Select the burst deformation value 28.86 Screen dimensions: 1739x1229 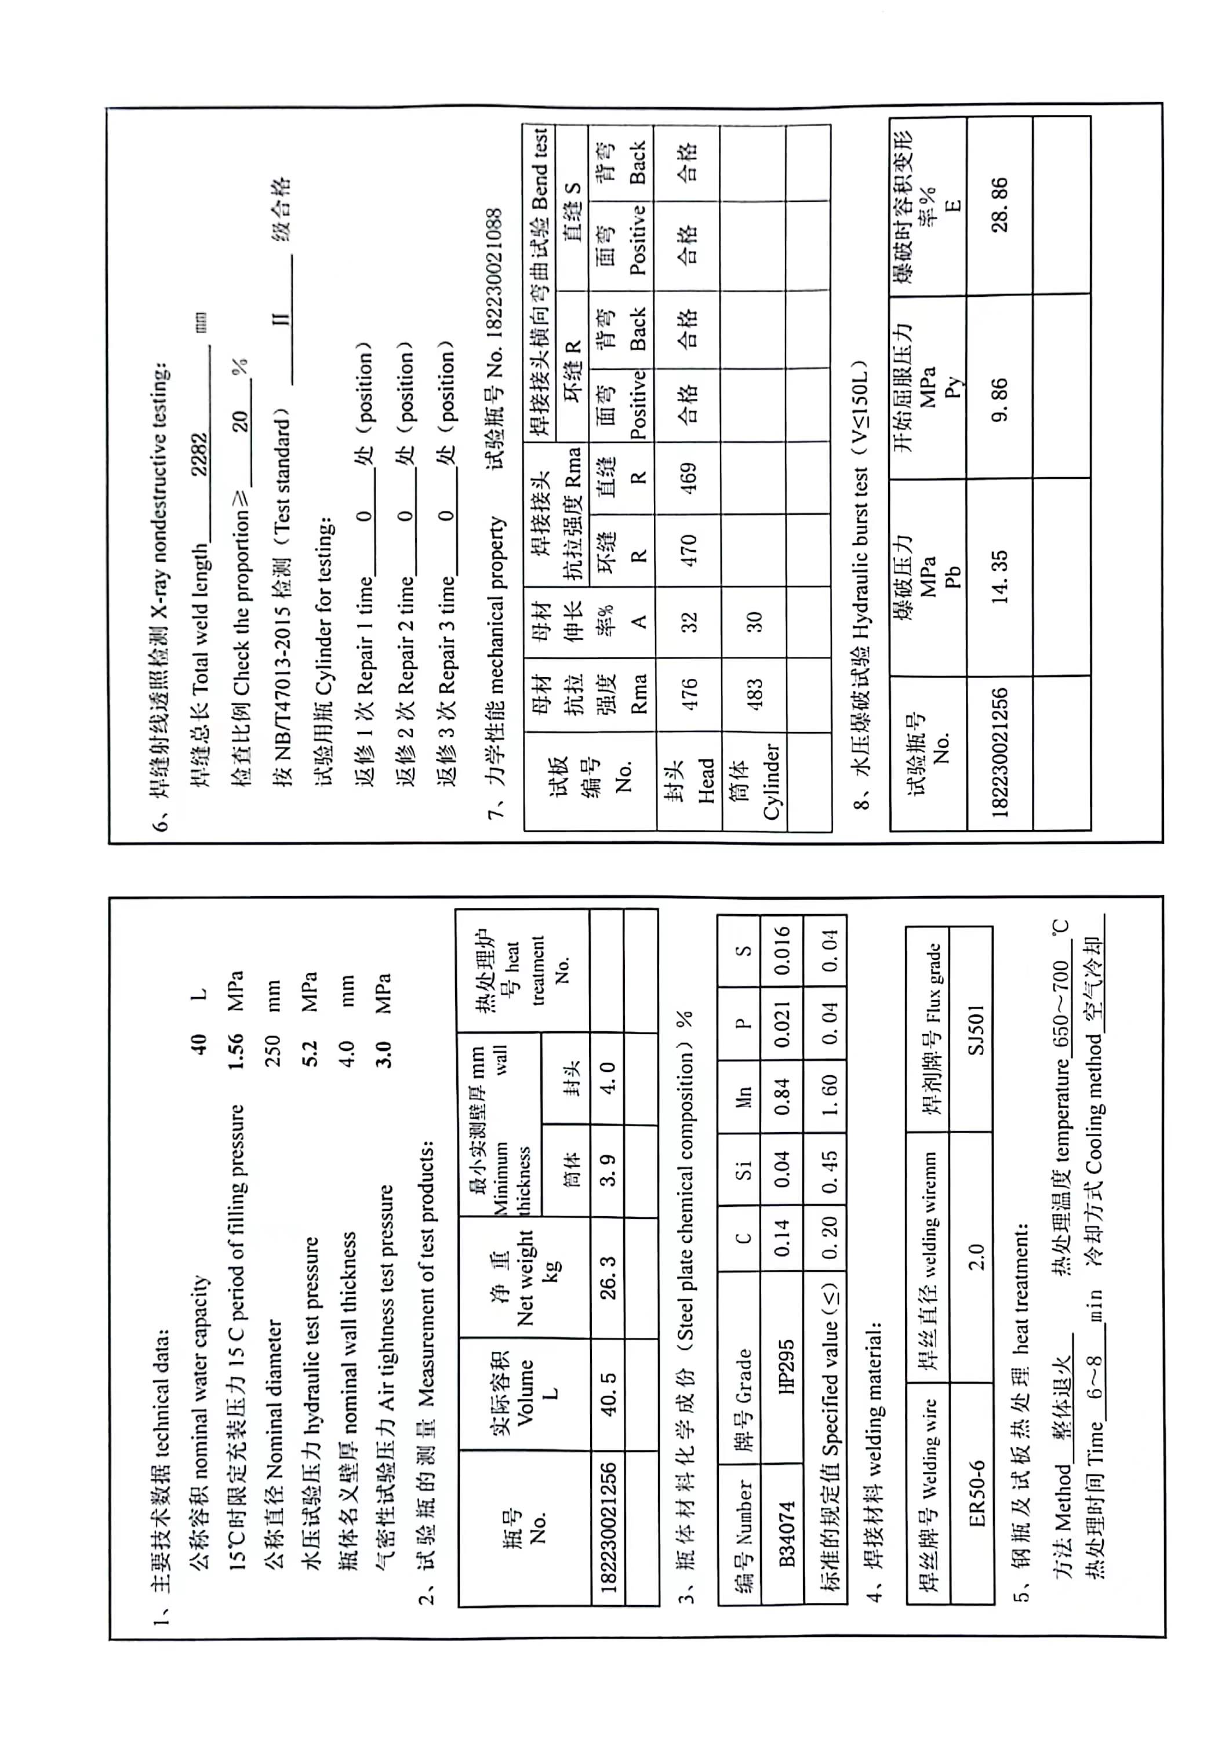pyautogui.click(x=999, y=205)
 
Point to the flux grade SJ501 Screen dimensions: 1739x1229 pyautogui.click(x=976, y=1030)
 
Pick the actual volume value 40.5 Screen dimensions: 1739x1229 pyautogui.click(x=608, y=1394)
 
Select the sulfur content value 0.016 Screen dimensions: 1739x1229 pyautogui.click(x=781, y=951)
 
